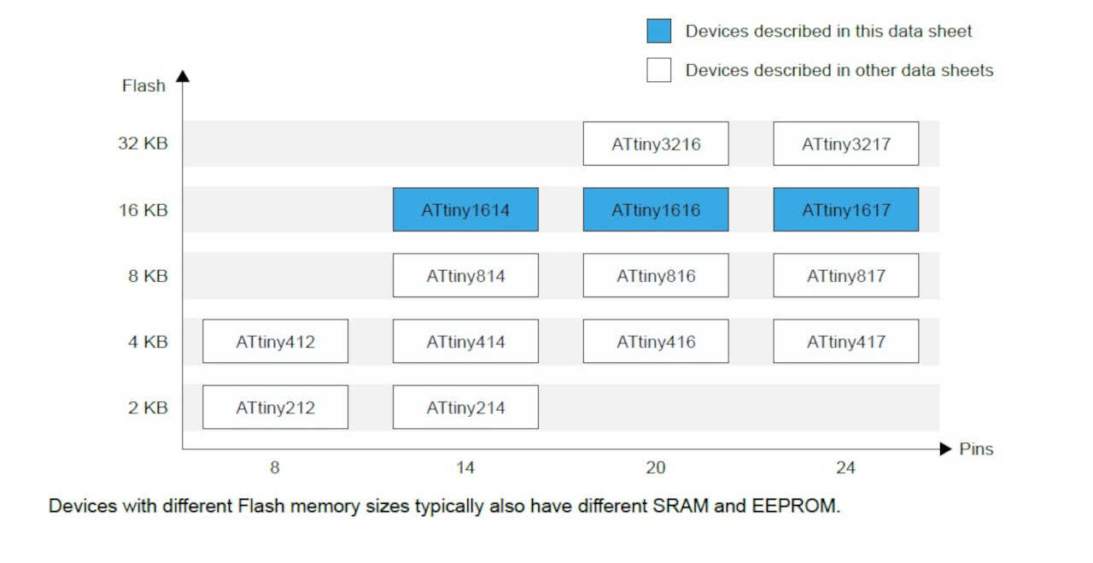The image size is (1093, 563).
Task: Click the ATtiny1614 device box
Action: tap(465, 209)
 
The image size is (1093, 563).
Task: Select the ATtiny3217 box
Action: tap(845, 144)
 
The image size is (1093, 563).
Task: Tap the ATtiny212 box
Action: tap(275, 408)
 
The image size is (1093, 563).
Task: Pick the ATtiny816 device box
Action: tap(656, 275)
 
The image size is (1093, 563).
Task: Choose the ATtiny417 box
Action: tap(845, 341)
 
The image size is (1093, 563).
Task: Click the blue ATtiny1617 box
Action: tap(845, 209)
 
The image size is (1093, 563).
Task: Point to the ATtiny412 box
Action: tap(275, 341)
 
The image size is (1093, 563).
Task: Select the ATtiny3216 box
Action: tap(656, 144)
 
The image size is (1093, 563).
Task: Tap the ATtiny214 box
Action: tap(465, 408)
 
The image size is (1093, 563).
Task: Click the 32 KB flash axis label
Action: tap(143, 144)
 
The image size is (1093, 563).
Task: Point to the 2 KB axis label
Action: tap(148, 408)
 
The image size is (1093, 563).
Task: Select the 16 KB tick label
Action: tap(143, 210)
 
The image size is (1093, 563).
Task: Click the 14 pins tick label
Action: tap(465, 468)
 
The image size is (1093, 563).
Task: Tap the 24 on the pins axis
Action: tap(845, 468)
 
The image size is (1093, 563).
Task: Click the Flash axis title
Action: tap(143, 85)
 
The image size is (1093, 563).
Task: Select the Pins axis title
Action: tap(976, 449)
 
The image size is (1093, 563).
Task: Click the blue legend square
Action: tap(658, 32)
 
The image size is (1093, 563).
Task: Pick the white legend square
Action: tap(658, 70)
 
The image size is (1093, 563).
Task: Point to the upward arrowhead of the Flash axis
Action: tap(182, 76)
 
